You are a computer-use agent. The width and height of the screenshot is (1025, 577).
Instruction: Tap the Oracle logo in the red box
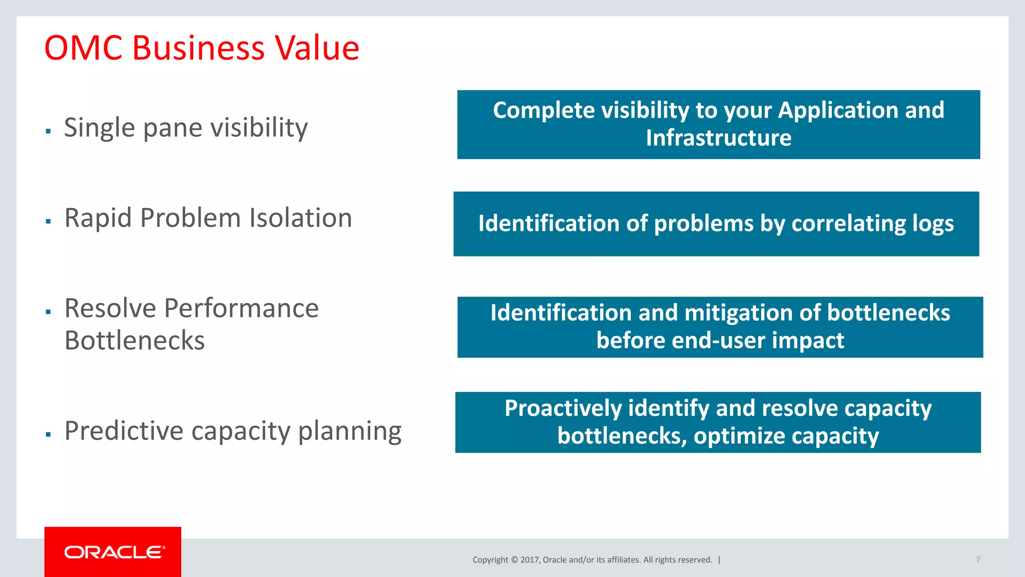(x=115, y=552)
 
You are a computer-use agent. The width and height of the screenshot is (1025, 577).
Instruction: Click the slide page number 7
(x=978, y=559)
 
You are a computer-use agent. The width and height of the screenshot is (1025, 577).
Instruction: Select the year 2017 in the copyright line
(x=530, y=560)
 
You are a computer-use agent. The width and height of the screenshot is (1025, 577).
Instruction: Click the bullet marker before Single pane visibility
(x=49, y=131)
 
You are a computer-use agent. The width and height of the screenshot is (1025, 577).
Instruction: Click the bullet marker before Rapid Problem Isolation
(x=49, y=221)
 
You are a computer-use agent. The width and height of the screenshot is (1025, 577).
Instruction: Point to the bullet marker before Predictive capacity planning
(x=49, y=434)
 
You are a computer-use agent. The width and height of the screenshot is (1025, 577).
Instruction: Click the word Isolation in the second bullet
(x=301, y=218)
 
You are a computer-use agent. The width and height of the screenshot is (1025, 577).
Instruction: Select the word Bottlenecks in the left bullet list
(x=135, y=341)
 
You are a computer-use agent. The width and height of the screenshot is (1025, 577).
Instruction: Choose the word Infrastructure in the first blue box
(x=718, y=138)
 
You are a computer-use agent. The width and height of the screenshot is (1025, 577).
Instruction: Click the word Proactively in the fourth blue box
(x=563, y=408)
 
